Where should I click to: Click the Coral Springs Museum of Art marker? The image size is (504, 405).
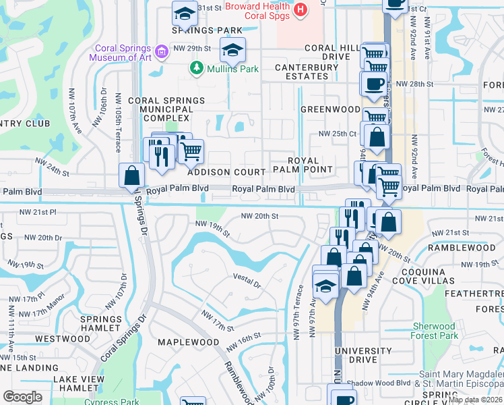[161, 51]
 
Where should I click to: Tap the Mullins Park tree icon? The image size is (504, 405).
[196, 67]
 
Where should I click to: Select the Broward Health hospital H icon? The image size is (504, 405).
[301, 10]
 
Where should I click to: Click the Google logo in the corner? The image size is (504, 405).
[22, 397]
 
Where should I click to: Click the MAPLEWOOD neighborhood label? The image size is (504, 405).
[189, 342]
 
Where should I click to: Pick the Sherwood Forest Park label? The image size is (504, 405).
[435, 331]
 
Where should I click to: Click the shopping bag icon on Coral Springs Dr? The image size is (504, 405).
[131, 175]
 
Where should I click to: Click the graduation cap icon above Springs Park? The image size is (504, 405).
[184, 13]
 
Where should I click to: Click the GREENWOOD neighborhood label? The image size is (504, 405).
[330, 109]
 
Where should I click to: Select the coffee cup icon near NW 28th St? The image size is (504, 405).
[374, 84]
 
